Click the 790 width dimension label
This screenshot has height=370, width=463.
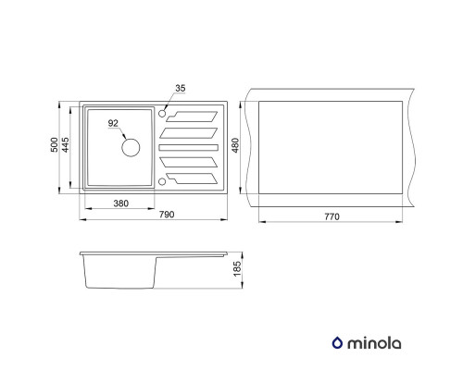167,215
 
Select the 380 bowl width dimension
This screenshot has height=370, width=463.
121,203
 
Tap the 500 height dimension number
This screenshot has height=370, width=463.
54,144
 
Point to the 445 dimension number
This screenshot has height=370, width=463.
66,144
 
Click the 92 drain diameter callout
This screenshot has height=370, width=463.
113,123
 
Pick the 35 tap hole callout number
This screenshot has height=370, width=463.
181,88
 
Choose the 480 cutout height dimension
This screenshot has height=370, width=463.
235,145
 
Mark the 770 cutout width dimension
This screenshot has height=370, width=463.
332,216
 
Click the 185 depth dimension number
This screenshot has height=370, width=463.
237,269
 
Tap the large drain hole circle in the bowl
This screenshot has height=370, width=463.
131,147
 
